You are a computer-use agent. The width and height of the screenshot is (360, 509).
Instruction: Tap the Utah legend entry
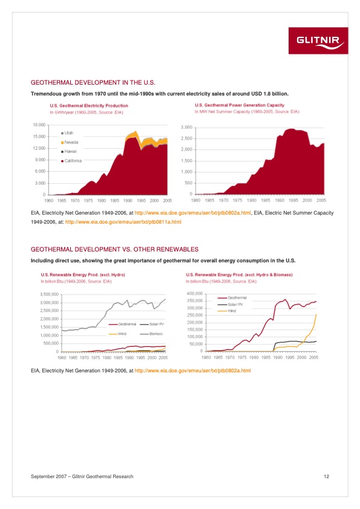[x=68, y=132]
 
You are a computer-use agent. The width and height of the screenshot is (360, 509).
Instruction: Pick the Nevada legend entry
[x=71, y=142]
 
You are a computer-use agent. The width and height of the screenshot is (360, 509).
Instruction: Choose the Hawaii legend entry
[x=70, y=151]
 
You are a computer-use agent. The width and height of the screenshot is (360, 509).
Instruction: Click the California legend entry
[x=73, y=161]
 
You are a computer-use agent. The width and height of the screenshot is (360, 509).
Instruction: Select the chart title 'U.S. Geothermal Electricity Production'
[x=88, y=106]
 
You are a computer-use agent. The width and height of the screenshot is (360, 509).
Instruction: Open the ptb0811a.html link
[x=123, y=222]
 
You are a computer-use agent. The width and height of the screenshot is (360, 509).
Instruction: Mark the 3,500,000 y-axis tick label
[x=48, y=294]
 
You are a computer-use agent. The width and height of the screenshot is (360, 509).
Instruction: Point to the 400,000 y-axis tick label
[x=194, y=294]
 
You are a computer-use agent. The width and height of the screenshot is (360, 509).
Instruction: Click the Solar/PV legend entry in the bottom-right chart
[x=233, y=305]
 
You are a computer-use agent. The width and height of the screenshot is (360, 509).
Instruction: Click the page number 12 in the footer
[x=326, y=477]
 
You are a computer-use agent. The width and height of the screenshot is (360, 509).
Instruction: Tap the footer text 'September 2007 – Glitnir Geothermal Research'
[x=82, y=477]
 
